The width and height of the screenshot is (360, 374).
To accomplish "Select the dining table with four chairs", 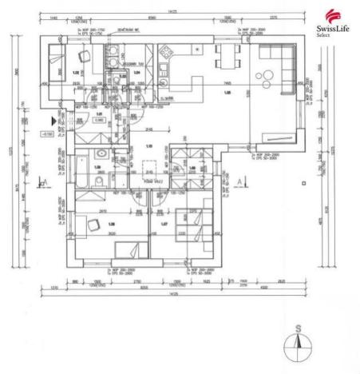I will point(227,58).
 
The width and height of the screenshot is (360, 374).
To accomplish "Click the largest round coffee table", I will point(264,78).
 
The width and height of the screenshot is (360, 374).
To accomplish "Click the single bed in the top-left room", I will point(54,60).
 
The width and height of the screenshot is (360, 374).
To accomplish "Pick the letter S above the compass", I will point(297,328).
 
